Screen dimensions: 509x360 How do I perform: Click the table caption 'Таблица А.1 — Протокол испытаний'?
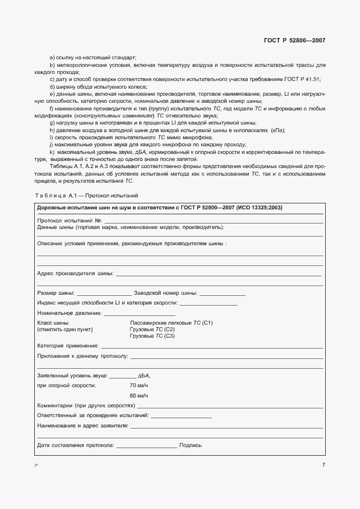point(87,195)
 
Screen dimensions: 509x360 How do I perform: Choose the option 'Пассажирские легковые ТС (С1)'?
point(171,323)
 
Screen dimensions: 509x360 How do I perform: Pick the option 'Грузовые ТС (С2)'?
point(152,330)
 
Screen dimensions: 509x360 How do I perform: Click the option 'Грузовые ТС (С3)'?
point(152,336)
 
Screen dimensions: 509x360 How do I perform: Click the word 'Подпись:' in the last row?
point(191,445)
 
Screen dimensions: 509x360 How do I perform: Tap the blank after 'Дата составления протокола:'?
point(146,446)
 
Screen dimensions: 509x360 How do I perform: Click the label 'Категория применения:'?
point(68,345)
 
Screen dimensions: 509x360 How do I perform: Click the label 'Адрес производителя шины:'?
point(75,273)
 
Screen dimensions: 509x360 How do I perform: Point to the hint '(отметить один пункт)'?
point(65,330)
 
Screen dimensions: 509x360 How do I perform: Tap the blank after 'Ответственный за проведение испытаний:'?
point(181,416)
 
